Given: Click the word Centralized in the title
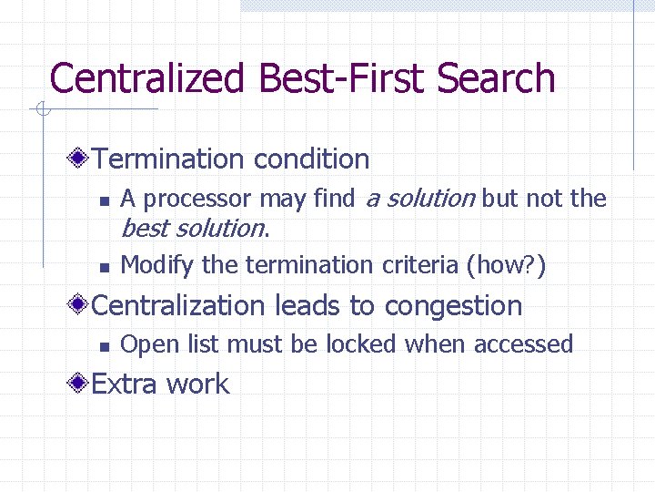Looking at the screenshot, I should coord(146,78).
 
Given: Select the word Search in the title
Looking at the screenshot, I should coord(496,78).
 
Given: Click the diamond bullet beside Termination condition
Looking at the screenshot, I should coord(81,159).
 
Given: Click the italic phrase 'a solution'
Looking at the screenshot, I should coord(419,198).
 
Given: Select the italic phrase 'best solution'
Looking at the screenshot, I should coord(192,227).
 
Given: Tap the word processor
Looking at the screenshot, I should coord(198,199).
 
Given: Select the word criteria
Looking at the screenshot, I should coord(420,265).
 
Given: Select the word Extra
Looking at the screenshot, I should coord(124,384).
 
